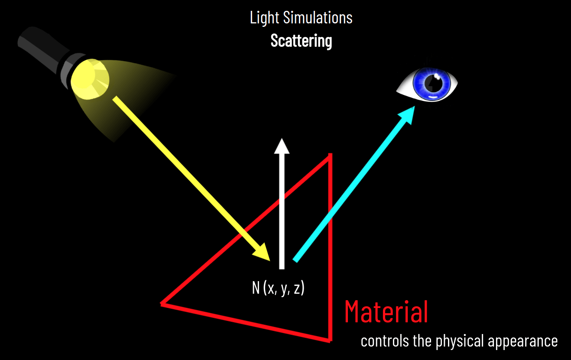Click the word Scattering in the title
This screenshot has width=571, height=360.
coord(301,41)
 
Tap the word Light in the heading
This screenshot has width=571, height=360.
coord(264,18)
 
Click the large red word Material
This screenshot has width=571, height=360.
coord(386,312)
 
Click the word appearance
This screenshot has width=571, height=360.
coord(522,341)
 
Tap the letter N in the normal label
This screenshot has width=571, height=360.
coord(256,289)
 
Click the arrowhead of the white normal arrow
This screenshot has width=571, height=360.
coord(282,146)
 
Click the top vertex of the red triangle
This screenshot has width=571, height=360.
coord(331,155)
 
